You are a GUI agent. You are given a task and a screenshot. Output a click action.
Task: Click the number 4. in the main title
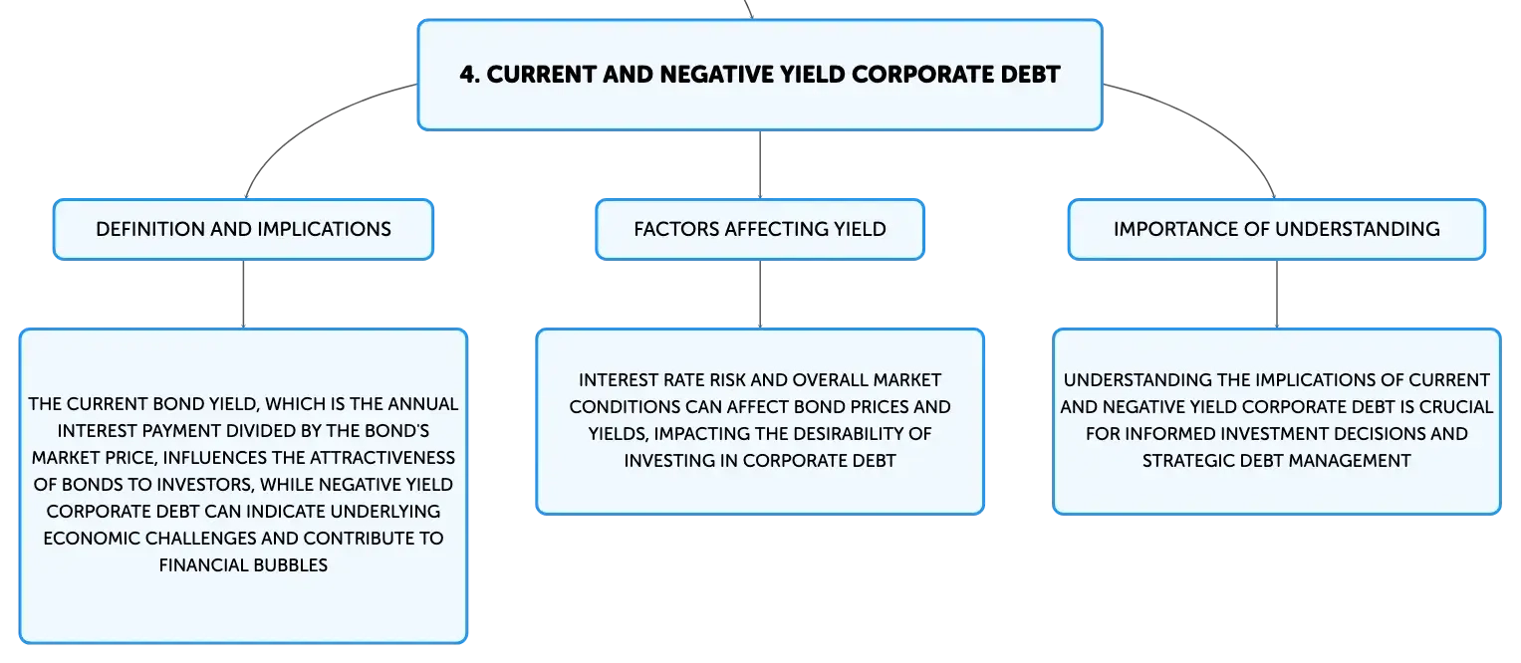point(470,75)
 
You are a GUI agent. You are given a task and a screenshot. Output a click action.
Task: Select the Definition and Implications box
point(243,229)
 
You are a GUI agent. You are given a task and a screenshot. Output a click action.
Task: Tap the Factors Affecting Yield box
point(760,229)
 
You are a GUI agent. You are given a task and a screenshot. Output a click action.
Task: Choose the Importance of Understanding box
point(1277,229)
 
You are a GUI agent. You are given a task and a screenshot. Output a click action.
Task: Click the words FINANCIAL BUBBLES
point(243,565)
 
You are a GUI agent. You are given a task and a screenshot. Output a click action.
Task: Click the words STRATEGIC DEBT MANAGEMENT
point(1277,461)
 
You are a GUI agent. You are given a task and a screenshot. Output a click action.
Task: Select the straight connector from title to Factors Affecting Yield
point(760,164)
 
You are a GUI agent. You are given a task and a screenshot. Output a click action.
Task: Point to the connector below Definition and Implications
point(243,295)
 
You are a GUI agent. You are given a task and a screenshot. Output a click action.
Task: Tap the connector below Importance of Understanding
point(1277,295)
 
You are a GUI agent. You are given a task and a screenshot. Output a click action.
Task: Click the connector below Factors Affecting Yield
point(760,295)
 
